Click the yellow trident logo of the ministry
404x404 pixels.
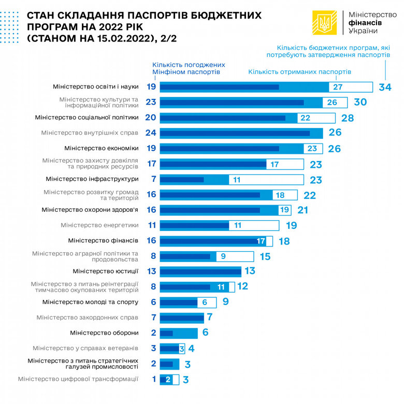coord(325,23)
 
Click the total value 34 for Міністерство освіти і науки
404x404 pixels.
coord(385,87)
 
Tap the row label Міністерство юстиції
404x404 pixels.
coord(105,271)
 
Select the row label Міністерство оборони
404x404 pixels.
coord(104,333)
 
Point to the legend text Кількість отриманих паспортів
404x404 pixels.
coord(300,72)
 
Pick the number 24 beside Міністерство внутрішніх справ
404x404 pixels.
coord(151,133)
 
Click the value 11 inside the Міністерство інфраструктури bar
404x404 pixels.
coord(237,179)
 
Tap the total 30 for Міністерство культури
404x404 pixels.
coord(360,103)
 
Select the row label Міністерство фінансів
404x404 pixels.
coord(103,240)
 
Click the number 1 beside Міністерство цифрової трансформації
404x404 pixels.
coord(154,379)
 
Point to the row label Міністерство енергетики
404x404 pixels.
coord(99,225)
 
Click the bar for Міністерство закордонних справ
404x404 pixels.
coord(182,317)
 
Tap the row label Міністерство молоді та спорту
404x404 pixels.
coord(90,302)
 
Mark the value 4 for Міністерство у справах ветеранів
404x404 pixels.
coord(191,348)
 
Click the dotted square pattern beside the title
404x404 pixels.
coord(11,23)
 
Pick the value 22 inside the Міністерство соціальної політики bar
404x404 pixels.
coord(305,118)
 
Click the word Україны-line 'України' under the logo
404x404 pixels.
coord(363,32)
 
